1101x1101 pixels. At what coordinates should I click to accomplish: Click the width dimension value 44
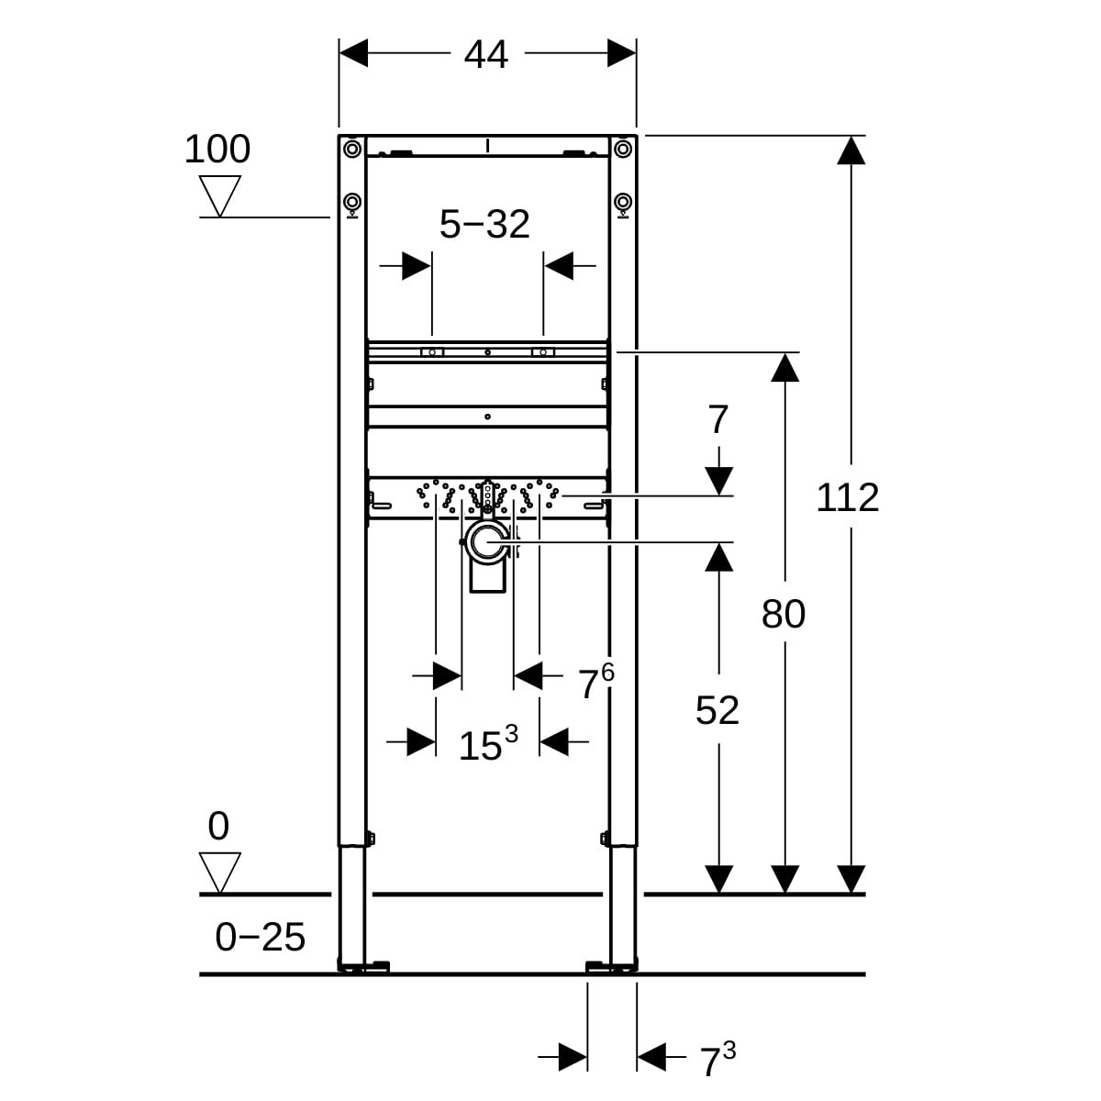pos(485,55)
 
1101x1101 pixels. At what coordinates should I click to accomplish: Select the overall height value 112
pos(848,497)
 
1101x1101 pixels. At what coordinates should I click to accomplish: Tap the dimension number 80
pos(784,614)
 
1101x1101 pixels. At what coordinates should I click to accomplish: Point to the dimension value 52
pos(717,710)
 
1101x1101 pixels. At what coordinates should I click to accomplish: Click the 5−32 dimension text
pos(484,224)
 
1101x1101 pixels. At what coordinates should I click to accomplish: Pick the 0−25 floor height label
pos(260,937)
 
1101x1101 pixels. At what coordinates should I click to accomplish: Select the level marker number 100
pos(217,149)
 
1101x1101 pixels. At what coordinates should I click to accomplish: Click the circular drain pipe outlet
pos(486,544)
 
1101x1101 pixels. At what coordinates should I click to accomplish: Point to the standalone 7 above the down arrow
pos(718,420)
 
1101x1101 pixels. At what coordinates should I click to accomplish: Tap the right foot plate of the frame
pos(610,965)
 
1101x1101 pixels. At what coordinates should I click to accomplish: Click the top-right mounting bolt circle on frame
pos(623,148)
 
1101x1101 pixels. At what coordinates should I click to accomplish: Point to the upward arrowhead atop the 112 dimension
pos(852,150)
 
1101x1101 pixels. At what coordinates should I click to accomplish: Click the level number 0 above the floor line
pos(218,827)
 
